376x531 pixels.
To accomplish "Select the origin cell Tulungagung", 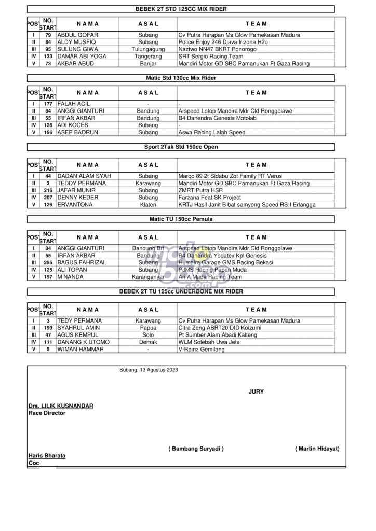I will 148,49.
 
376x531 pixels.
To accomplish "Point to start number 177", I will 48,104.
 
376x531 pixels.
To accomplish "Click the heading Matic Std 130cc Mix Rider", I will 181,78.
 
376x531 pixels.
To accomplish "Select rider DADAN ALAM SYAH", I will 84,176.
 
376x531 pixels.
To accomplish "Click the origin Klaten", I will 148,205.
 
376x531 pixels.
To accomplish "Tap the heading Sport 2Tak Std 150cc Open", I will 181,147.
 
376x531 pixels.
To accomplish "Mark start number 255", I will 48,263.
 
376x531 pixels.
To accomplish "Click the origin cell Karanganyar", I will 148,277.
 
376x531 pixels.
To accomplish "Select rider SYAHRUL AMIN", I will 79,328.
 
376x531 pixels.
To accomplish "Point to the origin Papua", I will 148,328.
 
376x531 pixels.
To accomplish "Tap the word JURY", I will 256,392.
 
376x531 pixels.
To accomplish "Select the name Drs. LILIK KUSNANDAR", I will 61,406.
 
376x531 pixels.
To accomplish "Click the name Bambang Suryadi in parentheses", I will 196,448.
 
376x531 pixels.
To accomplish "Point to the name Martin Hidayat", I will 317,448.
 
